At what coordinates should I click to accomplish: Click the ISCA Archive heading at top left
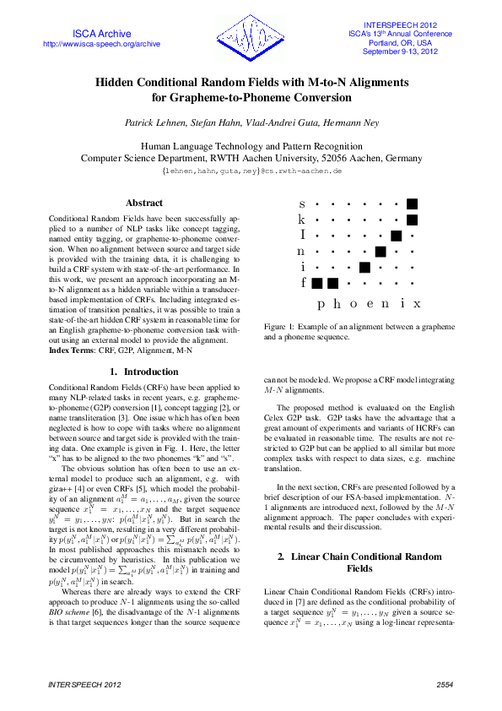pos(100,33)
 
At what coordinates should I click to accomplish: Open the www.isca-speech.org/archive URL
pos(100,44)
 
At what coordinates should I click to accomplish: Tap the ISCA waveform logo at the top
pos(252,37)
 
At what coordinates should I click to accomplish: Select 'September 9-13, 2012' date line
pos(400,52)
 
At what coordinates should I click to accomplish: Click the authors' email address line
pos(251,171)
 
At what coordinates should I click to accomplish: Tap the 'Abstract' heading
pos(144,203)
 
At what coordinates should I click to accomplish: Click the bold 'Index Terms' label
pos(73,350)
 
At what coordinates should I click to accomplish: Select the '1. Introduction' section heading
pos(144,372)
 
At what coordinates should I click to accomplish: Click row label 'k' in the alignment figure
pos(303,220)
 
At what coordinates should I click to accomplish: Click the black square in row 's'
pos(412,204)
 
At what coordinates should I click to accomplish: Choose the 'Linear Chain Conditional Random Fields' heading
pos(359,540)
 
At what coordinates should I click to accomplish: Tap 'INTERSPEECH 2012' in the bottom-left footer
pos(77,682)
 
